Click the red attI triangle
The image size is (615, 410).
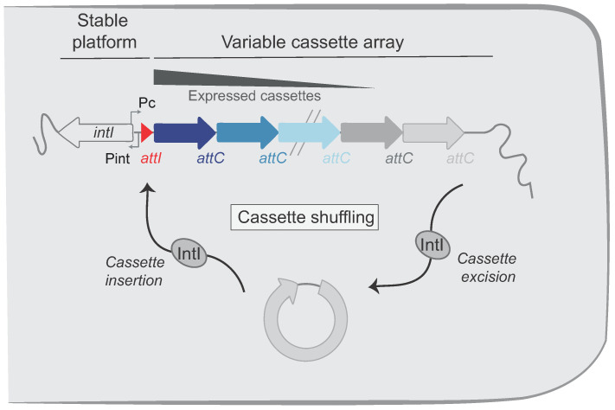[145, 132]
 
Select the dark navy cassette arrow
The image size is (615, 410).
[184, 132]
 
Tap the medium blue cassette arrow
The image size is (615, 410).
[247, 132]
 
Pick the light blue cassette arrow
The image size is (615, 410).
[309, 132]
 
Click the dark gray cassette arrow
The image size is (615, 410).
[371, 132]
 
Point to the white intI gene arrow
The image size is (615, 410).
[96, 132]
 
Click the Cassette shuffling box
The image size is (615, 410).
[304, 217]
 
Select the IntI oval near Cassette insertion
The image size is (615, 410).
[189, 253]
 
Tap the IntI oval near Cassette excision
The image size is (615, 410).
[432, 245]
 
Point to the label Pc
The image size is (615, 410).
[147, 103]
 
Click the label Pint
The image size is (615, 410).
[118, 158]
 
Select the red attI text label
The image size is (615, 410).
[151, 158]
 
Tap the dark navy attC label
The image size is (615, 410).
[210, 158]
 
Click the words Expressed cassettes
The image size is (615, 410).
[254, 96]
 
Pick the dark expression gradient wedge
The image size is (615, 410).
[235, 78]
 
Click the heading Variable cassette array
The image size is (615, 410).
[312, 42]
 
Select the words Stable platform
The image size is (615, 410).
[104, 31]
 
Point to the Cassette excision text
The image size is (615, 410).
[487, 267]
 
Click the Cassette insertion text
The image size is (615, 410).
[135, 271]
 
